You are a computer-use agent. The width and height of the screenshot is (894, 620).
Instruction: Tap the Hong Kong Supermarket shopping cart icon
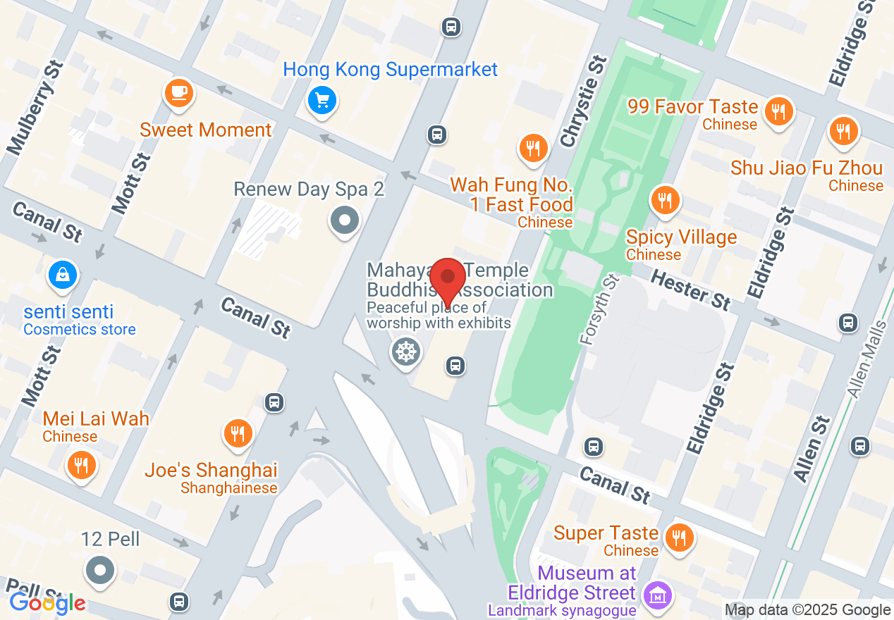322,101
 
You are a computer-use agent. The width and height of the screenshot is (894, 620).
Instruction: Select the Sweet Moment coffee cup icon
178,92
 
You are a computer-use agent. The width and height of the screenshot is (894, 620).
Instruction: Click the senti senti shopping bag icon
63,275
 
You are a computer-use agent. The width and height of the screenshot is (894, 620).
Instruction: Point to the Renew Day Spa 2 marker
345,221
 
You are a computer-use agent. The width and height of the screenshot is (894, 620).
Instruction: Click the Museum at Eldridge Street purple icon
658,597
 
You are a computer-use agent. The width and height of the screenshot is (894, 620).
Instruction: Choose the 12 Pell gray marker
100,570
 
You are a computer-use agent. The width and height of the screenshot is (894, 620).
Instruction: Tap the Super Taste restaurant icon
679,538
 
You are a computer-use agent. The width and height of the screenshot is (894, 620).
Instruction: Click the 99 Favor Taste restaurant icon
778,111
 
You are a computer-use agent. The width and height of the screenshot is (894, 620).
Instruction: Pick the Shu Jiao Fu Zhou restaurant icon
843,131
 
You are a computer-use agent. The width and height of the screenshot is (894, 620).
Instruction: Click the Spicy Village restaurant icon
664,200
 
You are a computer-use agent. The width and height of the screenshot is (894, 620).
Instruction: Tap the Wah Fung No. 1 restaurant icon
533,148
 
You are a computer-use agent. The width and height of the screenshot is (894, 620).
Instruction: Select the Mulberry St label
35,108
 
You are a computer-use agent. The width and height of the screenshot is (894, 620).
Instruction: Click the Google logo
47,603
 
